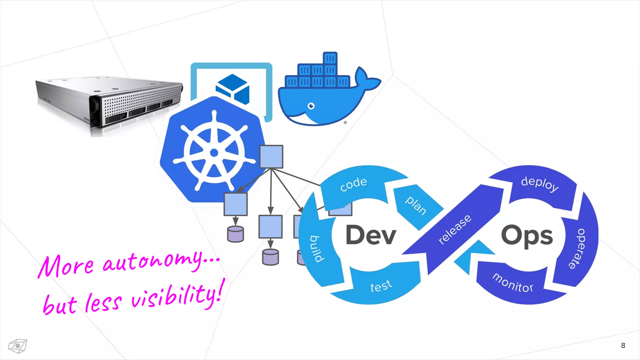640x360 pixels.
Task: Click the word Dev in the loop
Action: click(x=371, y=235)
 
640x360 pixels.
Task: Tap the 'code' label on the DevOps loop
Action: click(x=353, y=184)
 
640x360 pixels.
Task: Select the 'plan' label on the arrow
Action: click(x=416, y=205)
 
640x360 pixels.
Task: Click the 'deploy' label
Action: click(x=540, y=183)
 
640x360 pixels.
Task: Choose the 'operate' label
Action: click(x=577, y=248)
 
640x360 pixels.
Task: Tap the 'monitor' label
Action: click(x=513, y=283)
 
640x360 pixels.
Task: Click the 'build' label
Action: click(x=317, y=249)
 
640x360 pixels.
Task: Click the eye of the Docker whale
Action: click(x=311, y=106)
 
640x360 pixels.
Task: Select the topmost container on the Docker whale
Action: click(x=330, y=58)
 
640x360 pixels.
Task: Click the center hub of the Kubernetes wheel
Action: click(x=214, y=152)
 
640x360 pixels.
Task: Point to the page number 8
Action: click(x=623, y=345)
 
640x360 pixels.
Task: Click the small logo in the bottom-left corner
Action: click(x=17, y=346)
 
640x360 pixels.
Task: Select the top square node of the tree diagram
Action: click(x=271, y=157)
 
